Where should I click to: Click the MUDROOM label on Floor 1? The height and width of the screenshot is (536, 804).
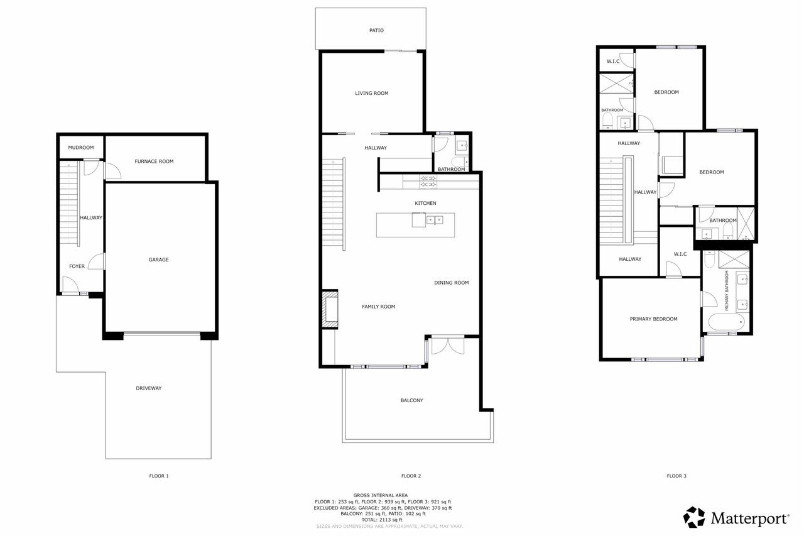[x=81, y=148]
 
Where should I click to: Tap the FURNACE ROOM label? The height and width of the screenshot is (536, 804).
[x=154, y=161]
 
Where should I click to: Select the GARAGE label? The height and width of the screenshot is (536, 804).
[x=159, y=260]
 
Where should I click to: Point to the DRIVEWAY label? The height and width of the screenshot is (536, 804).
[x=149, y=388]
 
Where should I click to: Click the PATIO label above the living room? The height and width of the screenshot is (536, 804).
[x=376, y=31]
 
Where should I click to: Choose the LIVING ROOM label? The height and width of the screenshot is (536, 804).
[x=371, y=94]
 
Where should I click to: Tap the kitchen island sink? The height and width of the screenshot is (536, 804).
[x=435, y=220]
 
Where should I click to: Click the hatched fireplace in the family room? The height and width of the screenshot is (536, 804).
[x=330, y=309]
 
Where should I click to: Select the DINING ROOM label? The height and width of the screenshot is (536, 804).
[x=452, y=283]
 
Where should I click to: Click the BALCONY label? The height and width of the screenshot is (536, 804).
[x=411, y=400]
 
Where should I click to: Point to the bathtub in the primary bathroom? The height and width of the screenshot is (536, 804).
[x=726, y=322]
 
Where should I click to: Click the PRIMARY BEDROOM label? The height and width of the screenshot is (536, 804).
[x=654, y=319]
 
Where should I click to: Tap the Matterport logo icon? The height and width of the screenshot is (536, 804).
[x=694, y=517]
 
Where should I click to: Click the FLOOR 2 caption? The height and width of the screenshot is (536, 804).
[x=411, y=476]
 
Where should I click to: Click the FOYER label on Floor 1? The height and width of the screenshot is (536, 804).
[x=77, y=266]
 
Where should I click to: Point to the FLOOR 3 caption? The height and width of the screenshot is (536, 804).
[x=676, y=476]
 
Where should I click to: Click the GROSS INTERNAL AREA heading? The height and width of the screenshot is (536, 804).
[x=381, y=495]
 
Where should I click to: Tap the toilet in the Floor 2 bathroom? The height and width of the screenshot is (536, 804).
[x=459, y=161]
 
